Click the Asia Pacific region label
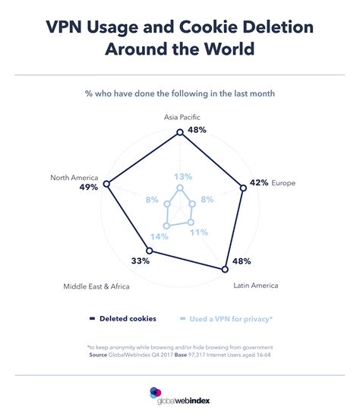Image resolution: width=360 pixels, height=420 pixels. [180, 118]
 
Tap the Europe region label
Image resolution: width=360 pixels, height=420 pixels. [283, 183]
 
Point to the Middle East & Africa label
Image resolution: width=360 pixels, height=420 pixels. [97, 286]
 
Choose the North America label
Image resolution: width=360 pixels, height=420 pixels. [74, 177]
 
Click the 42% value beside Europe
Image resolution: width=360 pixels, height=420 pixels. [259, 183]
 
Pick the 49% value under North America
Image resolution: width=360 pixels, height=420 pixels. [88, 187]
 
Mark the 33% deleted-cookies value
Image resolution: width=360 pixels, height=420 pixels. [140, 261]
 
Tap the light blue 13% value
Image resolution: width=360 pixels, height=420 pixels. [179, 177]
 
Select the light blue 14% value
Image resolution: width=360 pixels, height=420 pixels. [159, 236]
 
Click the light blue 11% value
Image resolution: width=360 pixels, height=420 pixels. [199, 232]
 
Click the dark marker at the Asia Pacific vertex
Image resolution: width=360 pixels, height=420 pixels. [180, 132]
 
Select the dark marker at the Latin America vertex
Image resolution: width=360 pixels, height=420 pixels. [224, 270]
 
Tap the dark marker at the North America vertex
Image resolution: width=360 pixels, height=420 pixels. [107, 185]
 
